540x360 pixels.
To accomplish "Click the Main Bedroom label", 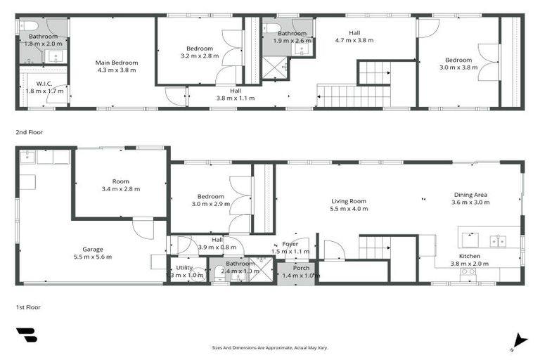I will tap(117, 63).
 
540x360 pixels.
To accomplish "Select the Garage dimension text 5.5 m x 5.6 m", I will tap(93, 257).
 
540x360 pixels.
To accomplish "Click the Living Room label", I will tap(349, 201).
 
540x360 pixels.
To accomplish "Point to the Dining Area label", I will tap(470, 195).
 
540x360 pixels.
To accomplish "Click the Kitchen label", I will tap(470, 256).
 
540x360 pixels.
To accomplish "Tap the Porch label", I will tap(301, 268).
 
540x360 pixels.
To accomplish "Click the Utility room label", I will tap(184, 268).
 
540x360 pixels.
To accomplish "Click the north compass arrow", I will tap(518, 340).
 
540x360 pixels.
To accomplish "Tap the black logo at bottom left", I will tap(26, 335).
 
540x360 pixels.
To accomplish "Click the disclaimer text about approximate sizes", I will tap(270, 347).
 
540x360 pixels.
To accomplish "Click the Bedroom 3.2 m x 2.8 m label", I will tap(199, 48).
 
